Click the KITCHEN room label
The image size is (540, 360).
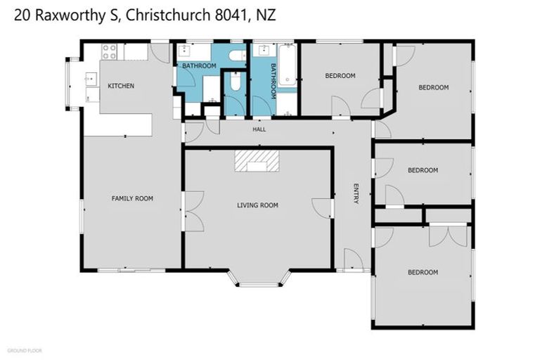pos(121,86)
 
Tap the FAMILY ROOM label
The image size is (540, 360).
pos(132,199)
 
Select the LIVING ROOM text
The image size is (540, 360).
pos(257,205)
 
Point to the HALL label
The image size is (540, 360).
pos(260,129)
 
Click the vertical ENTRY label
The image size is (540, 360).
pos(356,193)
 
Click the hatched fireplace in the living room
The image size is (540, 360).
pos(257,160)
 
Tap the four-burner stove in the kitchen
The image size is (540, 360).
pos(109,51)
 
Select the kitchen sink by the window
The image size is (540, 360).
pos(91,79)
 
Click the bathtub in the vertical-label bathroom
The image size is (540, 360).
pos(287,65)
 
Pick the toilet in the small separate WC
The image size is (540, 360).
pos(235,85)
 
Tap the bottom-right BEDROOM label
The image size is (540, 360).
pos(423,272)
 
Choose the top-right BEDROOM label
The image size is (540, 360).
pos(433,87)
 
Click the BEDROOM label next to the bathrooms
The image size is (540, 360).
pos(340,75)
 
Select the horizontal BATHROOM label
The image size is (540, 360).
pos(199,65)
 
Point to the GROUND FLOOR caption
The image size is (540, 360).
pos(25,350)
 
